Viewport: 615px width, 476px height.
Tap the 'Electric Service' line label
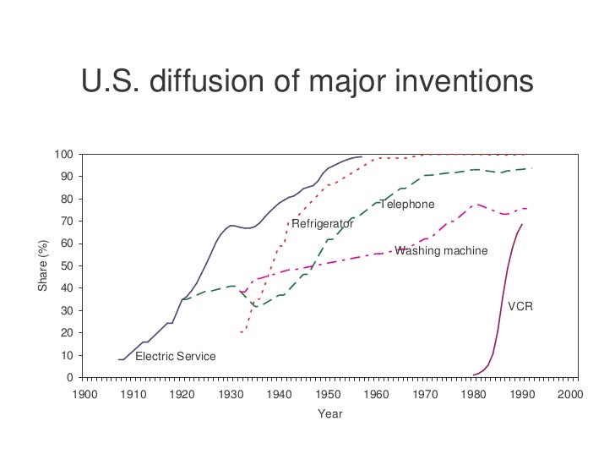coord(175,357)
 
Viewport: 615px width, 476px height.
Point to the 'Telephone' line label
coord(407,205)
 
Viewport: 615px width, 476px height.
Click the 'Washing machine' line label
coord(441,251)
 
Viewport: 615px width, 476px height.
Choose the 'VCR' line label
coord(520,306)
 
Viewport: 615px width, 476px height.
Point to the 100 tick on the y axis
coord(63,155)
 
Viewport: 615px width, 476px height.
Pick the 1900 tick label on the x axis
coord(83,395)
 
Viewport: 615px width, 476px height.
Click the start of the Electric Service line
coord(119,359)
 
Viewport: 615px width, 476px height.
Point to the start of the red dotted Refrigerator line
coord(241,332)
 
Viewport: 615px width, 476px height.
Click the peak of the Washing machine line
coord(477,204)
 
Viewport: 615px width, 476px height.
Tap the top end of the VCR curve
coord(522,224)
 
